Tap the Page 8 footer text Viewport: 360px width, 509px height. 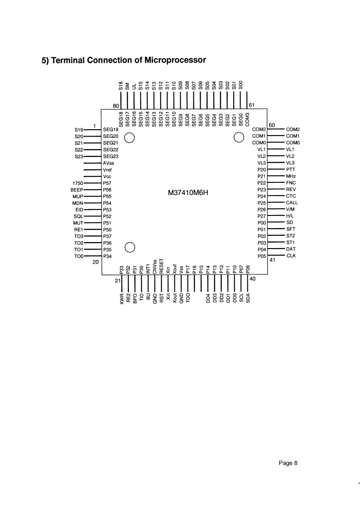coord(288,463)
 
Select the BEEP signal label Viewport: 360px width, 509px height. coord(76,189)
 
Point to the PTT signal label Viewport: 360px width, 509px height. coord(291,169)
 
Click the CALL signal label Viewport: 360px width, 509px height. coord(292,202)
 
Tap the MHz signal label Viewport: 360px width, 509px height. coord(291,176)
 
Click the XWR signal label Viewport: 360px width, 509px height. coord(122,298)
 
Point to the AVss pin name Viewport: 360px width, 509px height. coord(109,162)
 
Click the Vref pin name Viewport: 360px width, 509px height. coord(108,169)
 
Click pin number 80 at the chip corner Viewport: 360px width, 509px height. coord(116,106)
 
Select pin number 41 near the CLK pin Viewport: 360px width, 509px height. coord(272,260)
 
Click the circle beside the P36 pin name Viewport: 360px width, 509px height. coord(130,247)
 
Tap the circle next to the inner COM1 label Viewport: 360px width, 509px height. coord(239,137)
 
